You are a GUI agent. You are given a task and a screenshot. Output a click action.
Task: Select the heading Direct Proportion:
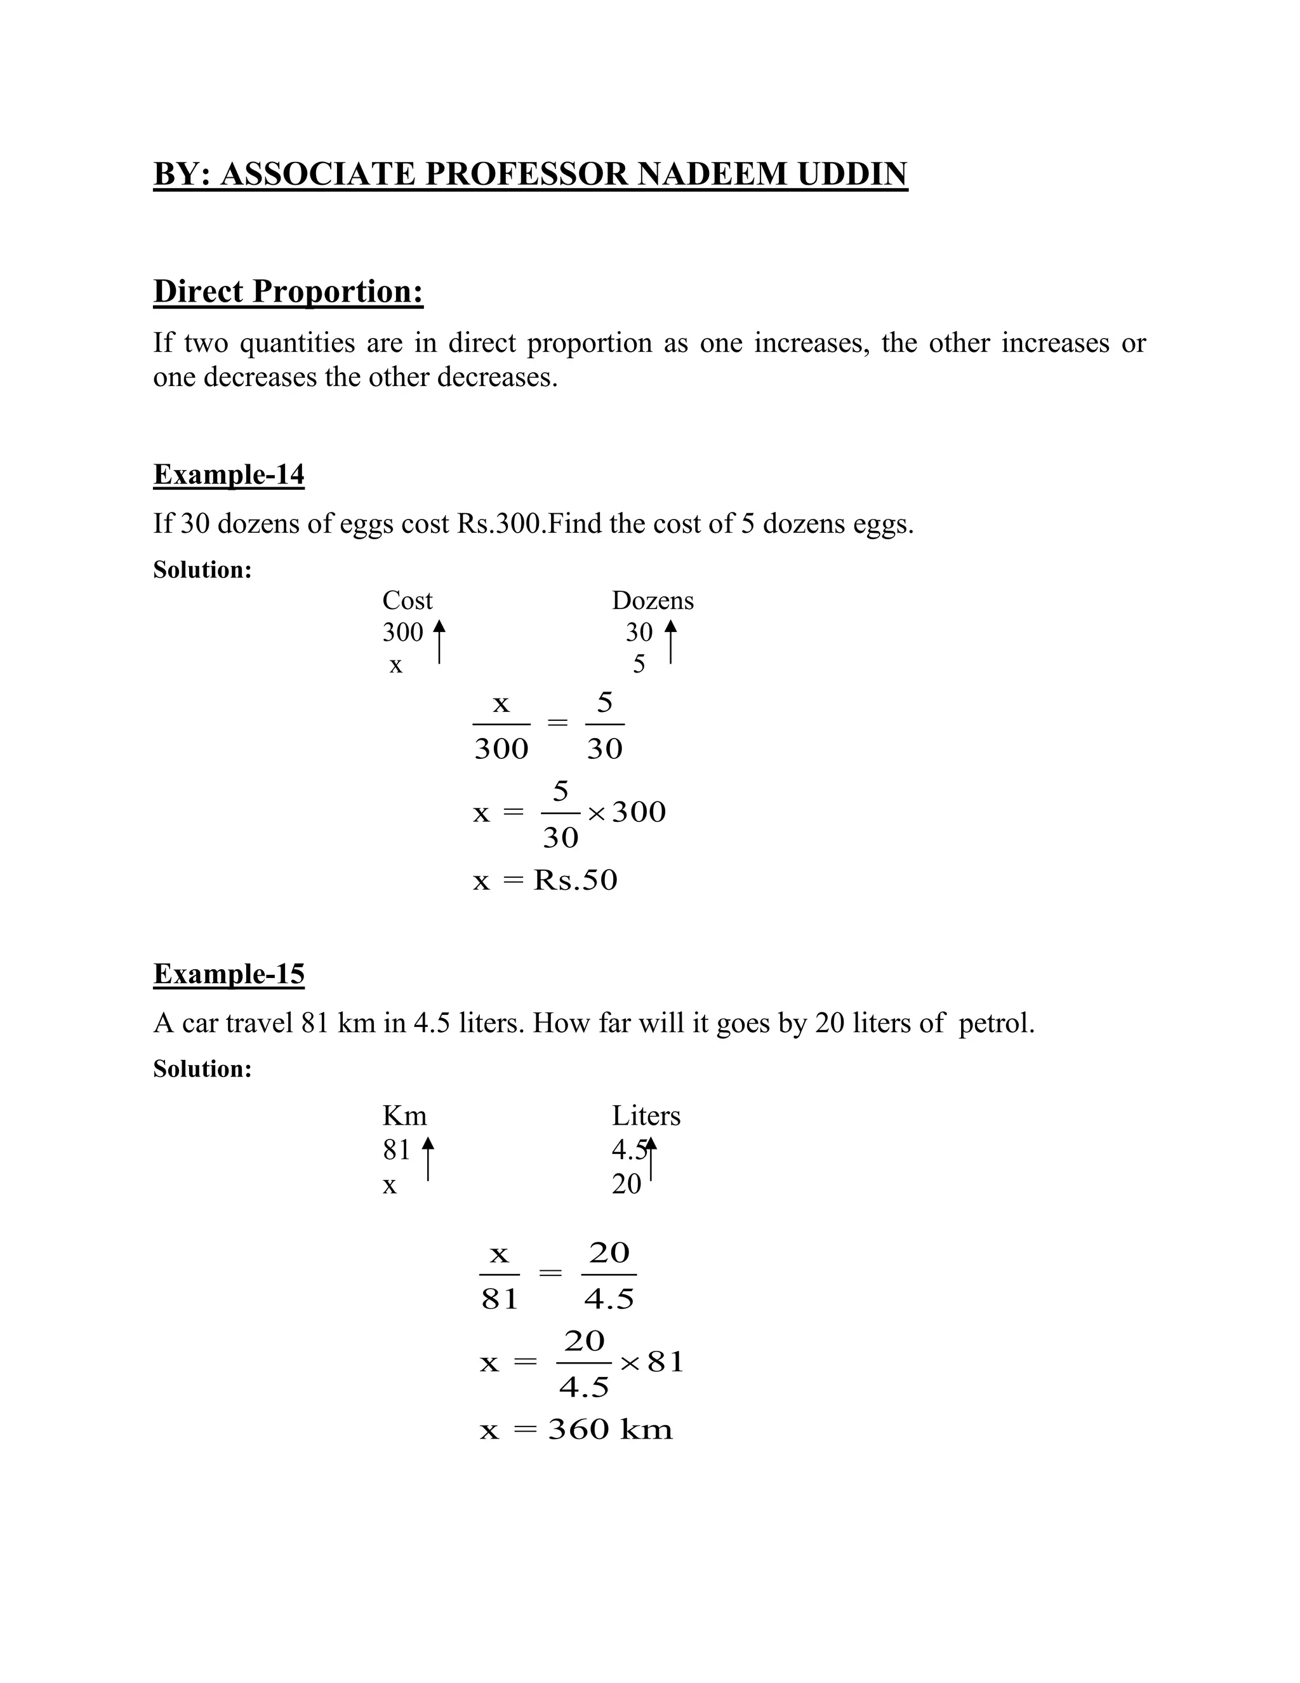point(288,292)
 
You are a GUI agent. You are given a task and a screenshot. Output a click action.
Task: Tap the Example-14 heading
point(229,474)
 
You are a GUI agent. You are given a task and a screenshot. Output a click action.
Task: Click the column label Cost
point(408,600)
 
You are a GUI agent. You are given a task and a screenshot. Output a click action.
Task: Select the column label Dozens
point(653,600)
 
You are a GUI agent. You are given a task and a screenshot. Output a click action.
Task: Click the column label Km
point(404,1115)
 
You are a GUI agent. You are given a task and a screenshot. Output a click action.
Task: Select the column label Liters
point(646,1115)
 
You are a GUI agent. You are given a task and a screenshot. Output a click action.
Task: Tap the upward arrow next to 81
point(428,1158)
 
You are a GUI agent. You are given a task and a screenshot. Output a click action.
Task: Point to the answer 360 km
point(610,1430)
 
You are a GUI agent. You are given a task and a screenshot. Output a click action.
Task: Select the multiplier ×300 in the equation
point(628,812)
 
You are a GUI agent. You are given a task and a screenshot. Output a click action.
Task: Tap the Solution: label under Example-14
point(202,570)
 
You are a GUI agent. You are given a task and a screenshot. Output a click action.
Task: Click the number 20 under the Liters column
point(626,1184)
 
